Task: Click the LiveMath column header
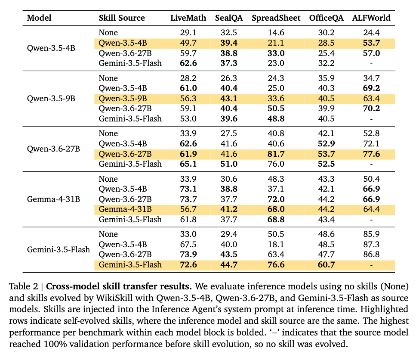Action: pos(188,18)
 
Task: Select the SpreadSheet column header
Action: pos(276,18)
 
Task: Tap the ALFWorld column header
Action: pos(371,18)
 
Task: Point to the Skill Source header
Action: pos(122,18)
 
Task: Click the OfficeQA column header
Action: pos(326,18)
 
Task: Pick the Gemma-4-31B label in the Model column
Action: pos(53,199)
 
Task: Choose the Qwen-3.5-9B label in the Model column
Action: pos(51,99)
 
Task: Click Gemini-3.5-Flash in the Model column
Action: pos(58,249)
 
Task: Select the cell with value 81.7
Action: pos(276,154)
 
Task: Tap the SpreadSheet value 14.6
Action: pos(276,33)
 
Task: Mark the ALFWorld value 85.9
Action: pos(371,234)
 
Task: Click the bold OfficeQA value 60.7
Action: pos(326,265)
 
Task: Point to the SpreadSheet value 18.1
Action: pos(276,245)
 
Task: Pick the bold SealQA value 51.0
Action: pos(229,164)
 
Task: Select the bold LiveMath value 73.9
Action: pos(188,254)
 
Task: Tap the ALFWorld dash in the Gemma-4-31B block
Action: pos(371,220)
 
